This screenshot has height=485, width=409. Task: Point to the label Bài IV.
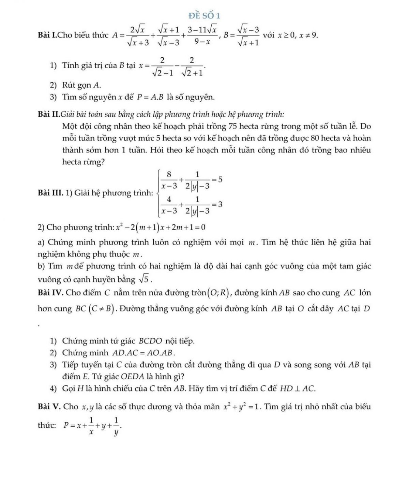click(50, 293)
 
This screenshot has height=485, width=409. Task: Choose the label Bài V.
click(49, 407)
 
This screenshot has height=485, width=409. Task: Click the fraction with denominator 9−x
click(203, 35)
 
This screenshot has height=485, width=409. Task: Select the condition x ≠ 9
click(309, 35)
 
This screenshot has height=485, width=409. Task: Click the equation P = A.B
click(151, 98)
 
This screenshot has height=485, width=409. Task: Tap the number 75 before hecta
click(233, 126)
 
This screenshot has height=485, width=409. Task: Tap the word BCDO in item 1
click(151, 341)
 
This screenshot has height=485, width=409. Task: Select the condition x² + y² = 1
click(242, 407)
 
